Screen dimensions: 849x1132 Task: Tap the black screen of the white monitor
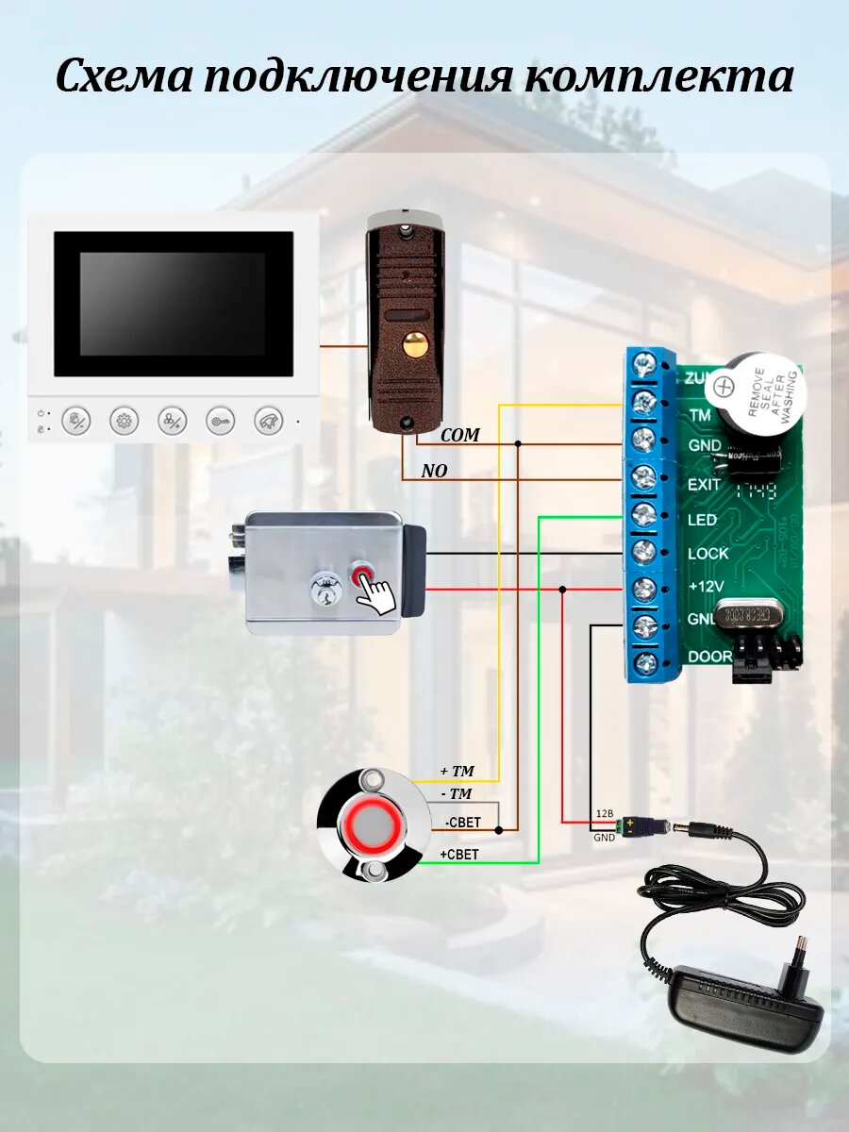(174, 304)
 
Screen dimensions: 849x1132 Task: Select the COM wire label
(460, 435)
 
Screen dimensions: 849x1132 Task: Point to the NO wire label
(434, 471)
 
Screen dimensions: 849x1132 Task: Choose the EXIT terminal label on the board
(704, 484)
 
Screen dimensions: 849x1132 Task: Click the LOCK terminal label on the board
(707, 554)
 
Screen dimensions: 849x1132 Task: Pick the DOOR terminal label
(709, 657)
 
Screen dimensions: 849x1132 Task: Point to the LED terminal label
(702, 520)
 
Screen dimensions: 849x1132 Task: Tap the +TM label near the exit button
(457, 772)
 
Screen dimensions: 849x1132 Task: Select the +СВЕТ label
(459, 855)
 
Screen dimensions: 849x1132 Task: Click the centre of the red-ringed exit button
(375, 825)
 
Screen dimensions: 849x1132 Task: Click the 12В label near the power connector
(604, 813)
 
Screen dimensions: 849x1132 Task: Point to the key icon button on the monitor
(221, 421)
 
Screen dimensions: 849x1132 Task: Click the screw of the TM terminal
(644, 403)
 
